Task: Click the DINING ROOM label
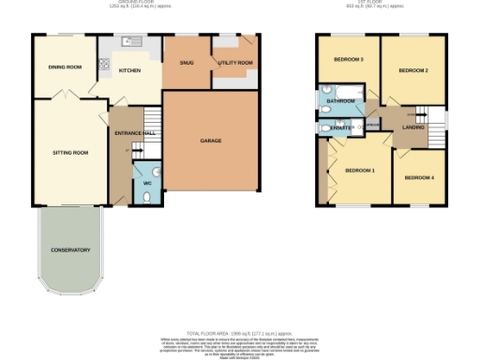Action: click(x=66, y=67)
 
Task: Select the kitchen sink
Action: click(x=132, y=40)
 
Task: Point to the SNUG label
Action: click(x=185, y=62)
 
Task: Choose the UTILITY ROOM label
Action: click(x=234, y=63)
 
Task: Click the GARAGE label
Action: click(x=210, y=141)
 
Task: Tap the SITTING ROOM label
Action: click(x=69, y=152)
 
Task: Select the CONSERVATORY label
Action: click(x=70, y=250)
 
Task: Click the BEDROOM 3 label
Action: click(x=349, y=60)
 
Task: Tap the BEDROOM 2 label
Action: click(x=412, y=71)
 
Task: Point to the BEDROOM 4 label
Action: click(x=419, y=177)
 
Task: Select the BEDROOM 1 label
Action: click(x=359, y=171)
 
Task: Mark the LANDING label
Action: click(x=413, y=127)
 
